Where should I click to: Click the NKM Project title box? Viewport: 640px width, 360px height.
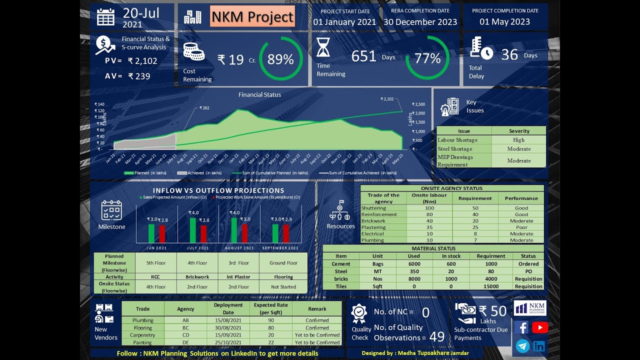(252, 16)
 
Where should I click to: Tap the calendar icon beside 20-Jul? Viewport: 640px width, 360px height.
(105, 16)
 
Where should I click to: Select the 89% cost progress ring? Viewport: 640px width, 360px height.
(280, 59)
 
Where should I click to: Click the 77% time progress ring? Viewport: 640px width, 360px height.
(427, 58)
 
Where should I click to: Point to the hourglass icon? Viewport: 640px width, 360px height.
(323, 47)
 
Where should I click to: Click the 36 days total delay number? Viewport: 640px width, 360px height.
(509, 54)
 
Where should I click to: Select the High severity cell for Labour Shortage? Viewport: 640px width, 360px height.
(518, 140)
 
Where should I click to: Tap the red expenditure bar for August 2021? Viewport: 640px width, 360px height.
(244, 233)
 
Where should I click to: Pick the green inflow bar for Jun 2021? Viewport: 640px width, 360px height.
(151, 233)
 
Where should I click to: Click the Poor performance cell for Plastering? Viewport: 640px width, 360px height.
(521, 227)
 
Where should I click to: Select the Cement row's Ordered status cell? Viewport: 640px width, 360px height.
(528, 264)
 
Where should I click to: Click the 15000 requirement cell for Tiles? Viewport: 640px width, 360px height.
(491, 286)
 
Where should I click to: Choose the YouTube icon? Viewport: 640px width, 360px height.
(539, 327)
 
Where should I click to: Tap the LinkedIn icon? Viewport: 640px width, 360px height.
(539, 346)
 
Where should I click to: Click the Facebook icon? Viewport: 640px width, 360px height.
(521, 327)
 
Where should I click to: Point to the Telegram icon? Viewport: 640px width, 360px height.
(522, 346)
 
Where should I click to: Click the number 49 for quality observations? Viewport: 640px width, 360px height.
(436, 337)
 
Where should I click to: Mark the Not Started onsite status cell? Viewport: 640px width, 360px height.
(283, 287)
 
